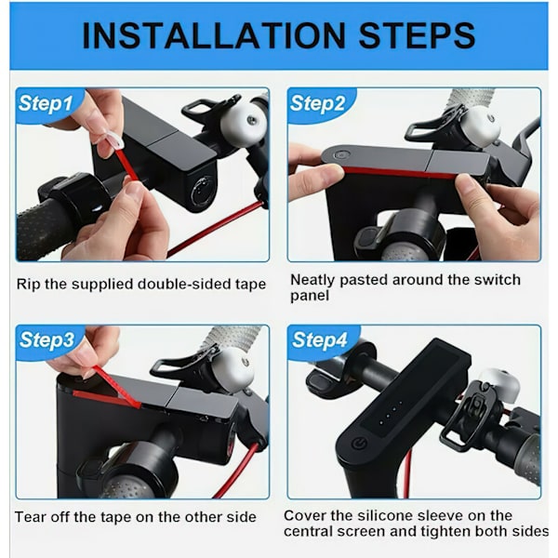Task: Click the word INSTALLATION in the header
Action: [214, 35]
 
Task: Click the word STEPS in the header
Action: [417, 35]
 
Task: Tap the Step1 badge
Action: [46, 103]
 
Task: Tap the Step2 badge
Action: [317, 103]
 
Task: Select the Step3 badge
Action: [46, 339]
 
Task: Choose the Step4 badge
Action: [319, 339]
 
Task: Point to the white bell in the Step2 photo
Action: [482, 126]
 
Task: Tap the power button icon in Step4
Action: [359, 445]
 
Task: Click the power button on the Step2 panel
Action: [341, 155]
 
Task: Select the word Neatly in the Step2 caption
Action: [312, 280]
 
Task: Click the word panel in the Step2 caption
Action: [310, 296]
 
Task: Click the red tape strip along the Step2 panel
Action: [399, 173]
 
